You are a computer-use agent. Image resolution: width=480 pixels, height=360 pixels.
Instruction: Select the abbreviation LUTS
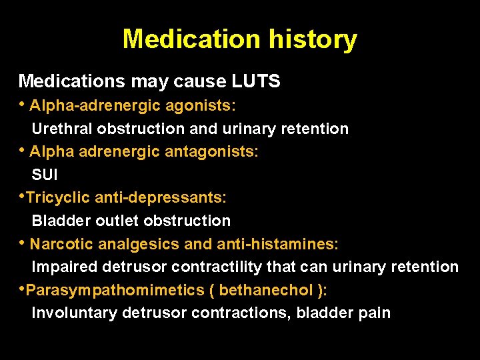pos(256,82)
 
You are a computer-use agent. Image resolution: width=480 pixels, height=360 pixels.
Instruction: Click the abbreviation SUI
pos(45,175)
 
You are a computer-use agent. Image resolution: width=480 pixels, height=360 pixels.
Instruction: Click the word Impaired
pos(65,267)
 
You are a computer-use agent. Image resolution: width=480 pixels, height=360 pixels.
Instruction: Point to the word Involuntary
pos(71,313)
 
